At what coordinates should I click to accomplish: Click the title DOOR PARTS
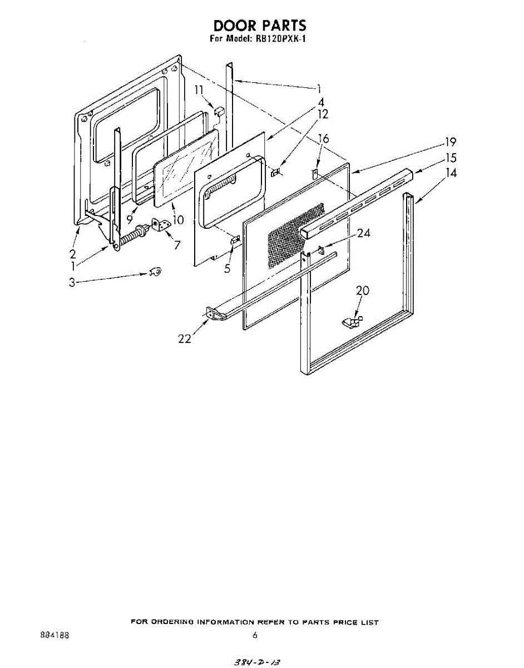pyautogui.click(x=260, y=26)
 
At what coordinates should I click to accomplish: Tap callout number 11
pyautogui.click(x=199, y=90)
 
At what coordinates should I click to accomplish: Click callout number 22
pyautogui.click(x=185, y=339)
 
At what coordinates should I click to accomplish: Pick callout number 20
pyautogui.click(x=363, y=291)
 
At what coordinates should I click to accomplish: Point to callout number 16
pyautogui.click(x=323, y=139)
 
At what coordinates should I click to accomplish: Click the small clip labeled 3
pyautogui.click(x=156, y=272)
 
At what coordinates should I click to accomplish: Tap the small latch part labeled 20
pyautogui.click(x=352, y=322)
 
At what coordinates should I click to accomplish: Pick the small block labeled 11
pyautogui.click(x=219, y=111)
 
